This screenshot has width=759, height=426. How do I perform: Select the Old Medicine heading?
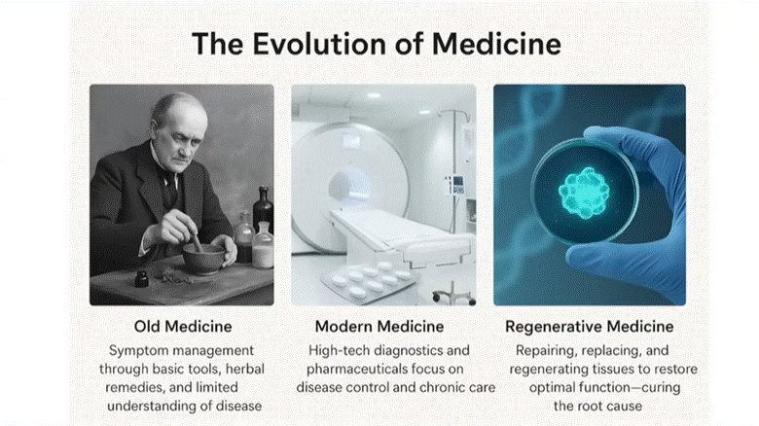pos(183,326)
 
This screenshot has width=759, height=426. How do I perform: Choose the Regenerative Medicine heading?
pos(589,326)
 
